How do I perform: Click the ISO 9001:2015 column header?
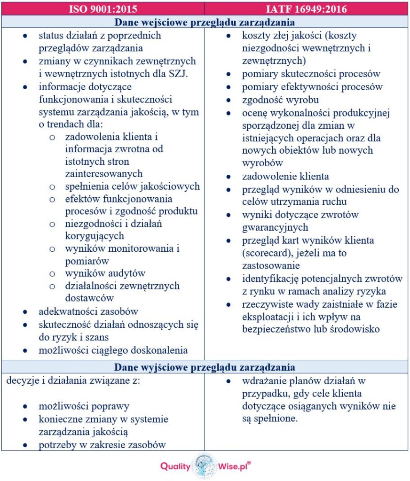pyautogui.click(x=103, y=8)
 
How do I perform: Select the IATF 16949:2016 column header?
pyautogui.click(x=306, y=8)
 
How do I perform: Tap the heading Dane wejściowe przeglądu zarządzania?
pyautogui.click(x=205, y=22)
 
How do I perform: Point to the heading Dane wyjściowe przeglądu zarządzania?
pyautogui.click(x=205, y=367)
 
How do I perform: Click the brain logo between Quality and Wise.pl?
pyautogui.click(x=205, y=465)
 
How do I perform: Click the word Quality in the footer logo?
pyautogui.click(x=175, y=466)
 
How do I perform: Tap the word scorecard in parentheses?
pyautogui.click(x=266, y=253)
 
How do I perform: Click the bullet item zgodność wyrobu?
pyautogui.click(x=280, y=100)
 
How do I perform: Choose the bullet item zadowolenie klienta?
pyautogui.click(x=285, y=177)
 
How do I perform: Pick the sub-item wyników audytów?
pyautogui.click(x=105, y=273)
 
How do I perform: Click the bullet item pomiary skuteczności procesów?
pyautogui.click(x=311, y=74)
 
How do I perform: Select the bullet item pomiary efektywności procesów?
pyautogui.click(x=312, y=87)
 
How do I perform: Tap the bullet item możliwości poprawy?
pyautogui.click(x=84, y=406)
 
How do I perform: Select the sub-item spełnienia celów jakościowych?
pyautogui.click(x=132, y=186)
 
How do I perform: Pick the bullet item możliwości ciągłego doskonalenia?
pyautogui.click(x=113, y=350)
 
